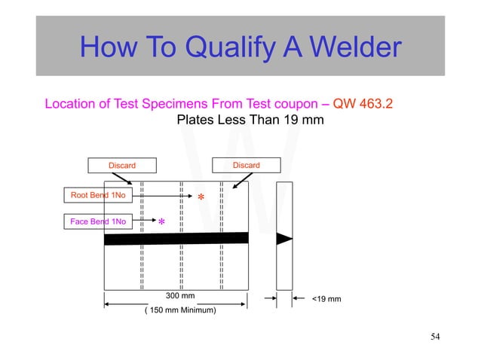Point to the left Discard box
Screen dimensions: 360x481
(122, 165)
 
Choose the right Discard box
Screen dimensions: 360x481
(246, 165)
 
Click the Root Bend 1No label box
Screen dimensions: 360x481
(97, 196)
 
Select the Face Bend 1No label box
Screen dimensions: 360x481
(97, 221)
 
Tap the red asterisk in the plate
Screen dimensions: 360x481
(201, 198)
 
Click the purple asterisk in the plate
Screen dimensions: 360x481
(161, 224)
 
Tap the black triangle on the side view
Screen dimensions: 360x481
(284, 239)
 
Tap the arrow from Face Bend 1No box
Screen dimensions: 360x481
(143, 221)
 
